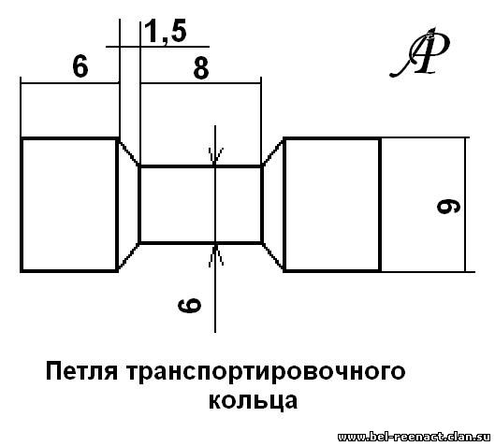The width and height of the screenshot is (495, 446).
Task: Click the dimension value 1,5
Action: pos(165,32)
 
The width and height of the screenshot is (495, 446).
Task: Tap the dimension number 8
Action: pos(201,68)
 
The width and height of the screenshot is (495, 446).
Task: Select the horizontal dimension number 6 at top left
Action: pos(80,66)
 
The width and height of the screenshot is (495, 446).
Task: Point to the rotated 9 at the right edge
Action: pos(448,207)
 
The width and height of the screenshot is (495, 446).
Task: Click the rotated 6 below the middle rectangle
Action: pos(189,306)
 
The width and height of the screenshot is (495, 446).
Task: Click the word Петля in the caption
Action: pos(82,371)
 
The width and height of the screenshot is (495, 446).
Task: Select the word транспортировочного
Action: pos(266,373)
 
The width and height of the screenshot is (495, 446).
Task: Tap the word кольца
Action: pos(253,401)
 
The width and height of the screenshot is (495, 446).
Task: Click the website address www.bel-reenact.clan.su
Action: pos(414,438)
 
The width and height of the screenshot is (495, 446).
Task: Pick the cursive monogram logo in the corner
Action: pos(420,52)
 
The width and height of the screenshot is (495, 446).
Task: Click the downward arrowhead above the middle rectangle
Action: pos(215,156)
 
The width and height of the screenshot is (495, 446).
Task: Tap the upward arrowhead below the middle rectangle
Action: pos(215,255)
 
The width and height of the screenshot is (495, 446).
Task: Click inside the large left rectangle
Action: pos(69,205)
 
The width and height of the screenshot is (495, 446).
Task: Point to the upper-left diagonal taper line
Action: pos(128,152)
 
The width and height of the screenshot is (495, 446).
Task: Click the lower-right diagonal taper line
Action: pos(272,256)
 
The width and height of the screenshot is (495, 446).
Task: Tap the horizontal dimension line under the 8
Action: pos(201,83)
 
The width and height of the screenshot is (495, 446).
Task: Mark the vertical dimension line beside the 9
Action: pos(465,205)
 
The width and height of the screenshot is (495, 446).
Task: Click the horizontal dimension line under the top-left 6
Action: pos(70,83)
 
